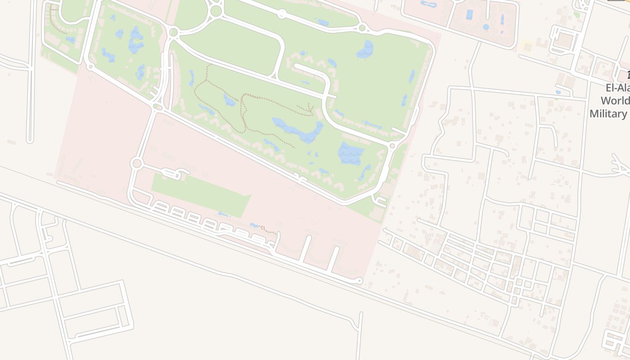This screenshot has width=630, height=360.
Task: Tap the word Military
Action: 608,113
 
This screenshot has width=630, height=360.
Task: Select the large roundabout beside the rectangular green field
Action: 136,163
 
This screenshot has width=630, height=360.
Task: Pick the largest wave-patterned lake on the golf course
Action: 351,153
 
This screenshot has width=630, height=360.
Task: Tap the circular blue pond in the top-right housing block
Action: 486,27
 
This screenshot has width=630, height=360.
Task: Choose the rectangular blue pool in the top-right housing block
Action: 469,14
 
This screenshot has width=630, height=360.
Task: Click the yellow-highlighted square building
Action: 526,46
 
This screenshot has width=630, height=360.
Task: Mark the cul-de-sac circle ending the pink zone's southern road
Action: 359,281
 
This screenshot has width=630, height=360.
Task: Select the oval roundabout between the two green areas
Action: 157,107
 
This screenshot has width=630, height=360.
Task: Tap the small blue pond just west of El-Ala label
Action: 558,92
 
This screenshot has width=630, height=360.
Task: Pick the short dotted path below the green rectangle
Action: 269,230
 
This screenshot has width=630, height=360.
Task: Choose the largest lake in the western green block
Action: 135,40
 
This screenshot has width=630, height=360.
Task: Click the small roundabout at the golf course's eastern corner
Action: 392,146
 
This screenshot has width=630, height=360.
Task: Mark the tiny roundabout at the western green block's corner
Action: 90,67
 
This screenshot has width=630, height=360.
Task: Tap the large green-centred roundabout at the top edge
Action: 216,11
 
